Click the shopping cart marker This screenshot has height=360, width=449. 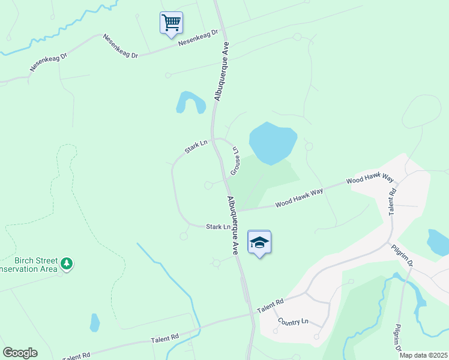pyautogui.click(x=171, y=23)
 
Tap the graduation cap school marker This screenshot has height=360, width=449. pyautogui.click(x=259, y=242)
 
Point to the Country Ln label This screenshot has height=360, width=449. pyautogui.click(x=292, y=322)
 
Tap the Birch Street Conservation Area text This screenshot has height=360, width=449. pyautogui.click(x=30, y=265)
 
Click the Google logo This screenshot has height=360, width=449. pyautogui.click(x=20, y=353)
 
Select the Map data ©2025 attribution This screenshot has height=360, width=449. pyautogui.click(x=423, y=355)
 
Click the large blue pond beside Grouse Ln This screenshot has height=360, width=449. pyautogui.click(x=272, y=142)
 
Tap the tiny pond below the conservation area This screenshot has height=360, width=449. pyautogui.click(x=94, y=323)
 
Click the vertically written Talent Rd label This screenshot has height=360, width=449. pyautogui.click(x=393, y=202)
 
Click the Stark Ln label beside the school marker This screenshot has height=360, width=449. pyautogui.click(x=218, y=227)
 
